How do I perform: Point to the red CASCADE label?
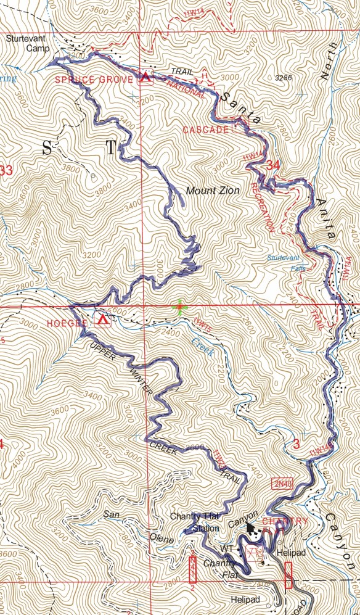point(205,130)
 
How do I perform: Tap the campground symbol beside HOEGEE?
point(102,320)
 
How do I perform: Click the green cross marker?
point(179,305)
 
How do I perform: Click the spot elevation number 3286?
point(282,78)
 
